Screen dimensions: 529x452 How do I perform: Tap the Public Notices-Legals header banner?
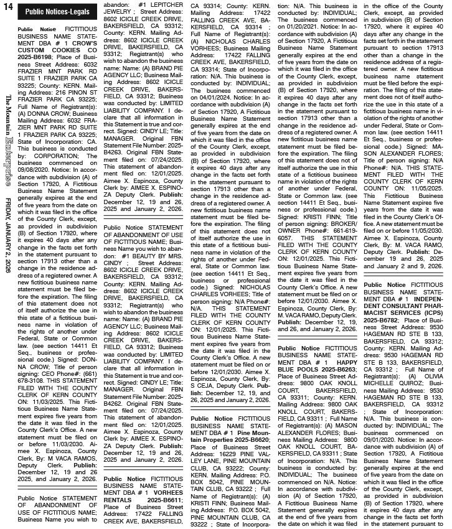[58, 12]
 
